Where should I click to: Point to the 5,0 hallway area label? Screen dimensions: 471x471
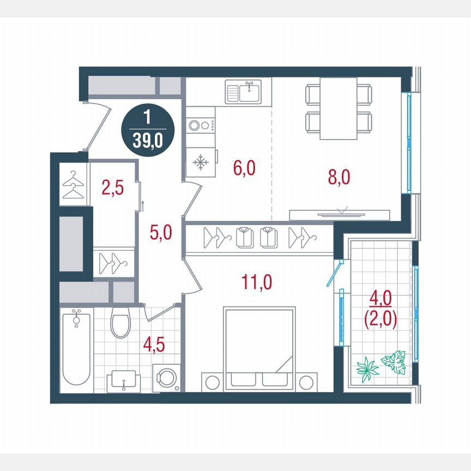point(161,233)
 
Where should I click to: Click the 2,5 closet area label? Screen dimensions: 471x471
point(113,188)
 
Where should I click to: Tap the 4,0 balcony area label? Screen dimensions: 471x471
point(380,298)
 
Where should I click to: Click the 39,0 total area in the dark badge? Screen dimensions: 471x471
point(147,142)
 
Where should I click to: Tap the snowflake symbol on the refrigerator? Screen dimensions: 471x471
point(201,162)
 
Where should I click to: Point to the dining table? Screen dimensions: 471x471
point(338,108)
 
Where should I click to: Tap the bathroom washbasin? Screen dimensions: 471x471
point(125,379)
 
